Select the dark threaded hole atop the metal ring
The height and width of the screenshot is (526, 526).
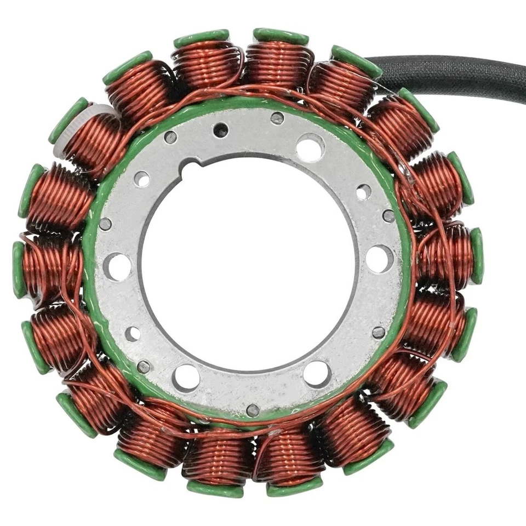pyautogui.click(x=221, y=130)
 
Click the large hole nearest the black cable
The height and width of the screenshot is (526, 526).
pyautogui.click(x=310, y=147)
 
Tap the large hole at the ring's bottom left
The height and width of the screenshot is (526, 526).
pyautogui.click(x=186, y=378)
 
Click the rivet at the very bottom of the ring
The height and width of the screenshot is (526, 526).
pyautogui.click(x=253, y=410)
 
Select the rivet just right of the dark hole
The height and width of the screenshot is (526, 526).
pyautogui.click(x=277, y=118)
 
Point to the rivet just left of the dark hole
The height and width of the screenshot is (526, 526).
pyautogui.click(x=171, y=137)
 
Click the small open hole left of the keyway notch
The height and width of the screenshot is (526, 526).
pyautogui.click(x=141, y=179)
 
